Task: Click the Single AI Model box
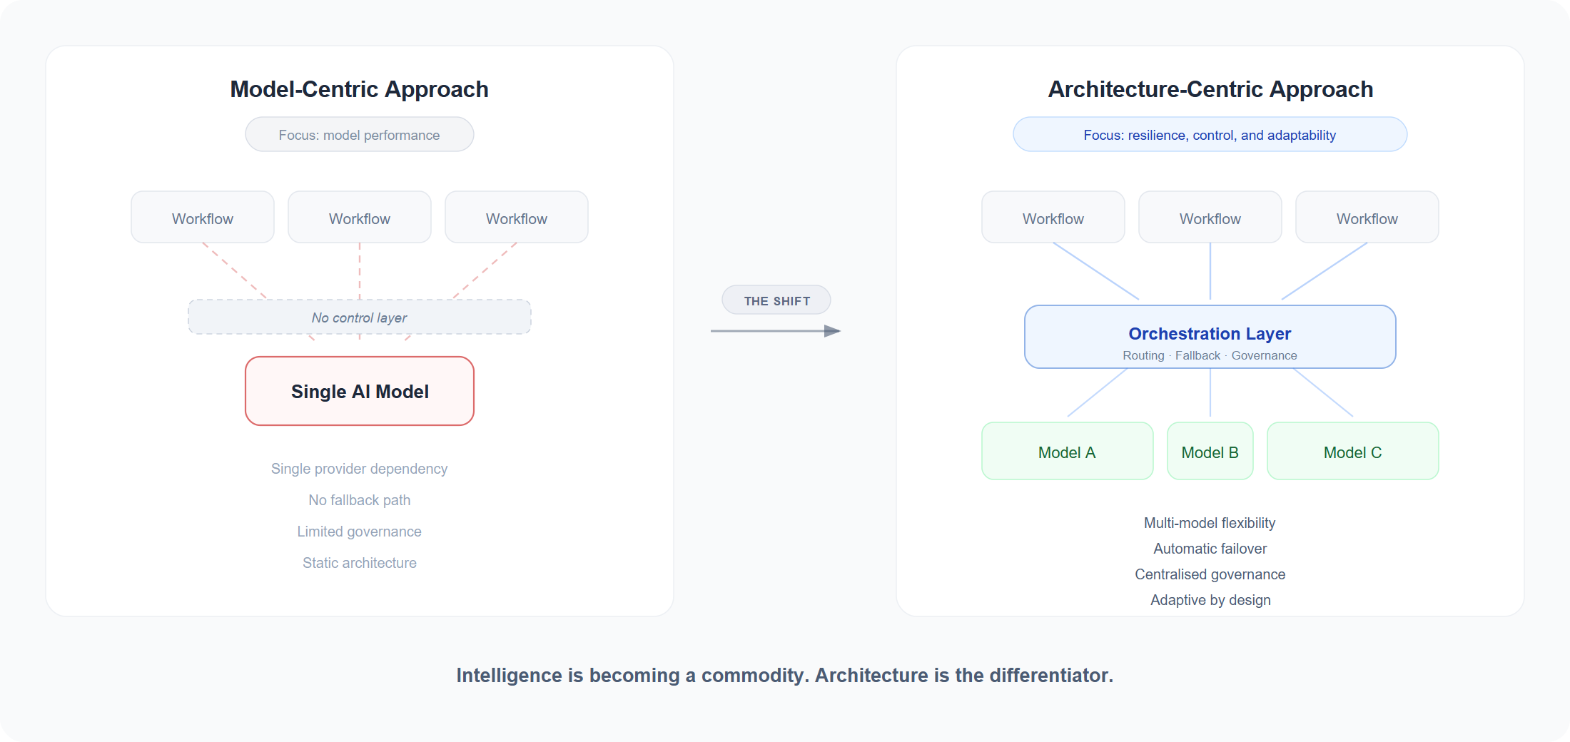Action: click(x=360, y=391)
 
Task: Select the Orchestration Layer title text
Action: click(x=1210, y=334)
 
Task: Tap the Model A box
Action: click(x=1067, y=452)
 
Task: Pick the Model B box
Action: click(x=1210, y=452)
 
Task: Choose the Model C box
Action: click(x=1352, y=452)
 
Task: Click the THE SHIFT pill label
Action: click(x=776, y=300)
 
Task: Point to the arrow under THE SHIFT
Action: click(x=775, y=331)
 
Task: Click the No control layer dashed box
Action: click(x=359, y=317)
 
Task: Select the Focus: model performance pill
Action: click(x=359, y=135)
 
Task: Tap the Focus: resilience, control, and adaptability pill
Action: click(x=1210, y=135)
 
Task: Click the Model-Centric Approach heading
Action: click(x=359, y=89)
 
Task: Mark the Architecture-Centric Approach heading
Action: click(x=1210, y=89)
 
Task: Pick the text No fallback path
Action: click(x=359, y=500)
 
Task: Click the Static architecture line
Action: click(x=359, y=563)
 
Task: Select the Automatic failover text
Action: click(x=1210, y=549)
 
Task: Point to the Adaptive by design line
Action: click(x=1210, y=600)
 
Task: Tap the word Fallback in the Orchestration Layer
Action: click(x=1197, y=355)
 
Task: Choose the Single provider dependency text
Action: click(x=359, y=469)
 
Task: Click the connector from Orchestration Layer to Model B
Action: click(x=1210, y=392)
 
